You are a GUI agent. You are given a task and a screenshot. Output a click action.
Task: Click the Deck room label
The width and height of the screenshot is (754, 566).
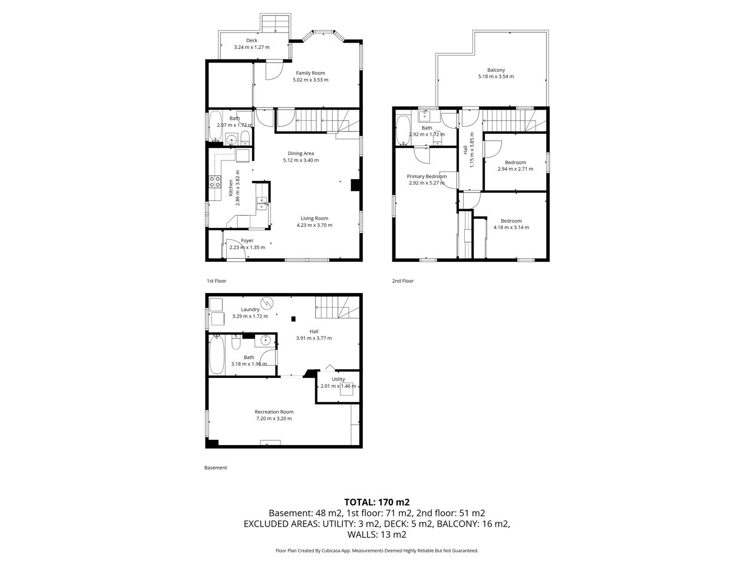[x=252, y=41]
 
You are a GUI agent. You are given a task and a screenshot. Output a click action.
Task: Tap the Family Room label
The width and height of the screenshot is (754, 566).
[x=310, y=73]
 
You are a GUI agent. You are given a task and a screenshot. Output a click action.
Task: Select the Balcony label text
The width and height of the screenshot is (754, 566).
[x=495, y=70]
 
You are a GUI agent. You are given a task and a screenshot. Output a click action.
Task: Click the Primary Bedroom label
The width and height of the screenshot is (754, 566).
[x=426, y=177]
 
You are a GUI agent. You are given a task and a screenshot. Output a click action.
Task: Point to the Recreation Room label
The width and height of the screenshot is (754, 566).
[x=274, y=412]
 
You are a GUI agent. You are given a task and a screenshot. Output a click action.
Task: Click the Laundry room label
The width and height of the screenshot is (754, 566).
[x=250, y=310]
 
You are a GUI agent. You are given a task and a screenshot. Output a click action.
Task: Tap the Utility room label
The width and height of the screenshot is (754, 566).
[x=338, y=379]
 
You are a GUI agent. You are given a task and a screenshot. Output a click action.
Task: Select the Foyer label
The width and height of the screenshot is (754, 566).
[x=247, y=241]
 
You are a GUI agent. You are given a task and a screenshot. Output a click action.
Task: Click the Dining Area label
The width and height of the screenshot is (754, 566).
[x=300, y=154]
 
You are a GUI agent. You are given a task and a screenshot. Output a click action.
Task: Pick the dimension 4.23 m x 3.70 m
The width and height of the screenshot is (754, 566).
[x=315, y=225]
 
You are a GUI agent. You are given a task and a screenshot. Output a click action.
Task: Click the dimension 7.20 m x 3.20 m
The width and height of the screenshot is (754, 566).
[x=274, y=419]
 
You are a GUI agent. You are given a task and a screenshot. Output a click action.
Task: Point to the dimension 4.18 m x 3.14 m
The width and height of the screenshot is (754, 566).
[x=511, y=227]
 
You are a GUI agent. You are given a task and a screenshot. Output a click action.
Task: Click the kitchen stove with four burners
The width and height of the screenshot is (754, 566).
[x=215, y=182]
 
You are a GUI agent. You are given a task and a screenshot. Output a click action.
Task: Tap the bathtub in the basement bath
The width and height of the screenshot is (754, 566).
[x=217, y=355]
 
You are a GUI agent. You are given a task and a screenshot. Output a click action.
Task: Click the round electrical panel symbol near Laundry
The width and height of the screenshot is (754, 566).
[x=267, y=303]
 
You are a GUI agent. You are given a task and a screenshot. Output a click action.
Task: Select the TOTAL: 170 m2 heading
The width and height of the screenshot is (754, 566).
[x=377, y=502]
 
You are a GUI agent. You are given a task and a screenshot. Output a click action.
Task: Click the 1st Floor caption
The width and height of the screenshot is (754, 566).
[x=216, y=281]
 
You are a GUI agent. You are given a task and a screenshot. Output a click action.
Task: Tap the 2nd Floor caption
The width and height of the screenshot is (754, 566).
[x=402, y=281]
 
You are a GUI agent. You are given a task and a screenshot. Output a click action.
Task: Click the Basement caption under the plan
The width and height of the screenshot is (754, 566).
[x=216, y=468]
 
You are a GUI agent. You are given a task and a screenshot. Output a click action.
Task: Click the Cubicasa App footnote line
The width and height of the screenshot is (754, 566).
[x=377, y=551]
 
